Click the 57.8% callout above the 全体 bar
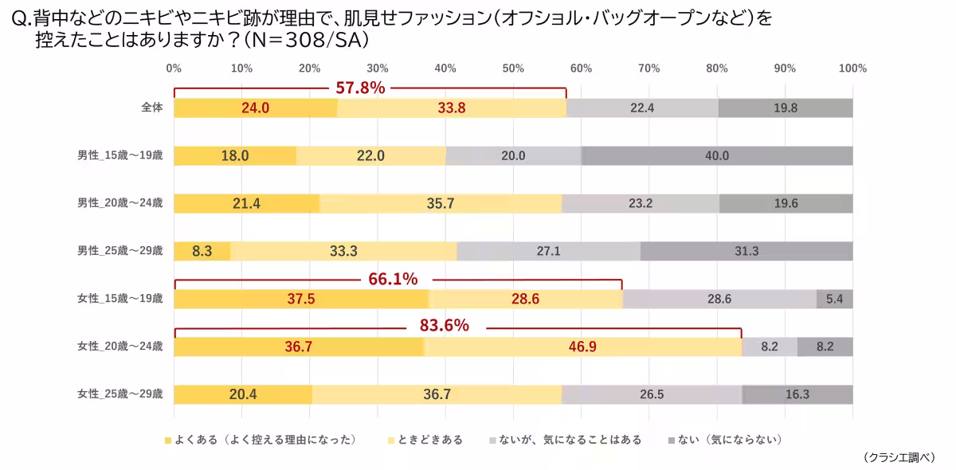click(x=360, y=88)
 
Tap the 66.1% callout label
click(x=393, y=279)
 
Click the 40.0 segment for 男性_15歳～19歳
click(x=717, y=156)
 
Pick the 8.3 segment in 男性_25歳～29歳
click(x=202, y=251)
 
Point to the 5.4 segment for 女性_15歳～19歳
click(x=835, y=299)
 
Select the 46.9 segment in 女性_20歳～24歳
click(x=583, y=347)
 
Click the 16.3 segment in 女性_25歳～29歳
click(x=797, y=394)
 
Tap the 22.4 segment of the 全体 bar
click(x=642, y=108)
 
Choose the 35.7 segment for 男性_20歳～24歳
click(x=441, y=203)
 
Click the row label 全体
click(x=152, y=108)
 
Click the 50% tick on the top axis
click(x=513, y=69)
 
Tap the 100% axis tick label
click(x=852, y=69)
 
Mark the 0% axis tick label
click(x=174, y=69)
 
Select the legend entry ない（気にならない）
click(x=725, y=440)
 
